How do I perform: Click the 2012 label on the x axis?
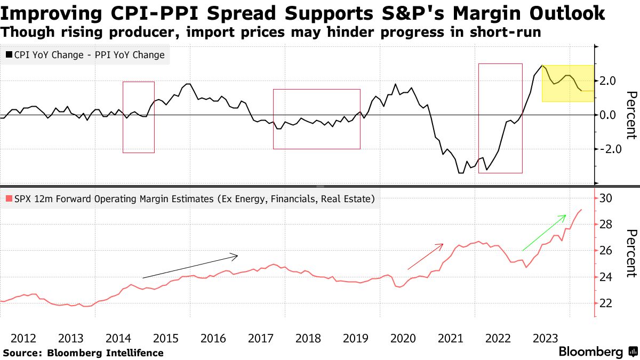click(23, 338)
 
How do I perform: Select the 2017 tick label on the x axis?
click(261, 338)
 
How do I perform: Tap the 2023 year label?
click(546, 338)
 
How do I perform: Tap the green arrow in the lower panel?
click(543, 233)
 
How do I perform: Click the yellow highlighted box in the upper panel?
click(567, 84)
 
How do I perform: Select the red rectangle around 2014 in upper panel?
click(139, 117)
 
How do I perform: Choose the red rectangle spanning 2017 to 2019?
click(317, 119)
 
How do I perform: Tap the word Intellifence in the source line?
click(132, 353)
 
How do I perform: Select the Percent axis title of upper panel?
click(631, 115)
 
